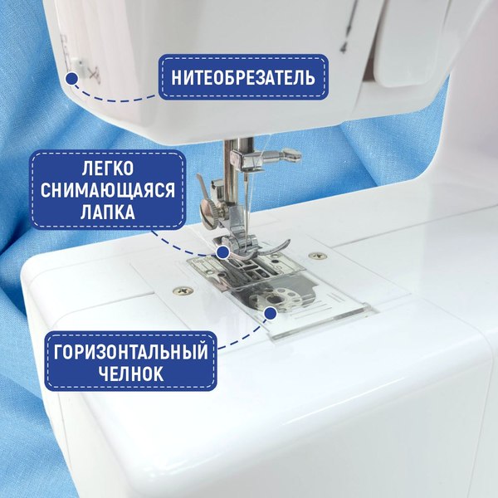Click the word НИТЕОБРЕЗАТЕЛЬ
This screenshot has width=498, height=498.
click(243, 79)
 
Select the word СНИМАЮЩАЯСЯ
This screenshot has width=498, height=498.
click(109, 191)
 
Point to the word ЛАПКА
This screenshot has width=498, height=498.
click(109, 213)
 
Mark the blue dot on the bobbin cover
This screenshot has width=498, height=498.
click(269, 313)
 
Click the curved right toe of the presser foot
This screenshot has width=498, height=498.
click(278, 247)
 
